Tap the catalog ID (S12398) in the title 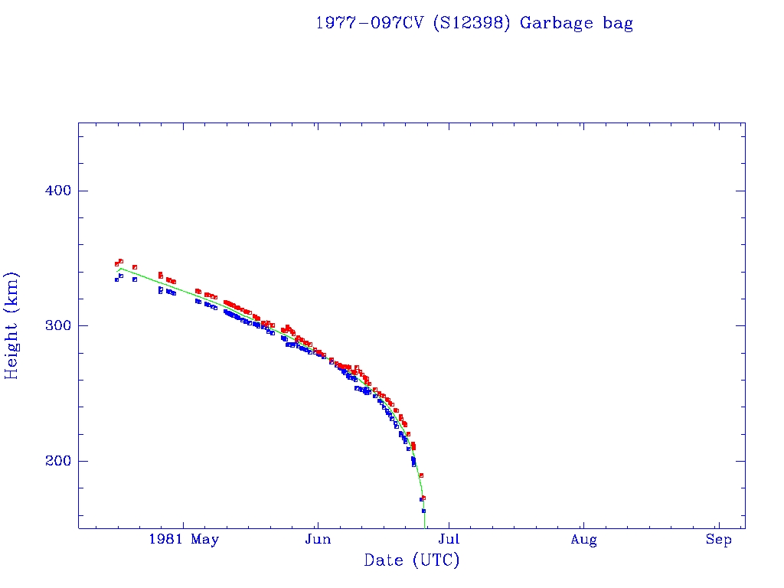472,23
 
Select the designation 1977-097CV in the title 370,23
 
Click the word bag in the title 618,23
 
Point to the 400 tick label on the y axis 57,191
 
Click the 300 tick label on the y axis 57,325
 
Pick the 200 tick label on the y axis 57,461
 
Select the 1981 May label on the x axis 184,540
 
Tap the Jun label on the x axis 317,540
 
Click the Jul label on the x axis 450,540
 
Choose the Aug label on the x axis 583,540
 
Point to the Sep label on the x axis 718,540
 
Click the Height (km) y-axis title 12,325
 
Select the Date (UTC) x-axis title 412,561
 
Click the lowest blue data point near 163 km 423,511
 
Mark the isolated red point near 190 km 421,475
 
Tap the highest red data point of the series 121,261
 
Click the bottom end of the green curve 425,527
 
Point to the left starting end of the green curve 117,270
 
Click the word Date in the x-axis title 384,561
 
